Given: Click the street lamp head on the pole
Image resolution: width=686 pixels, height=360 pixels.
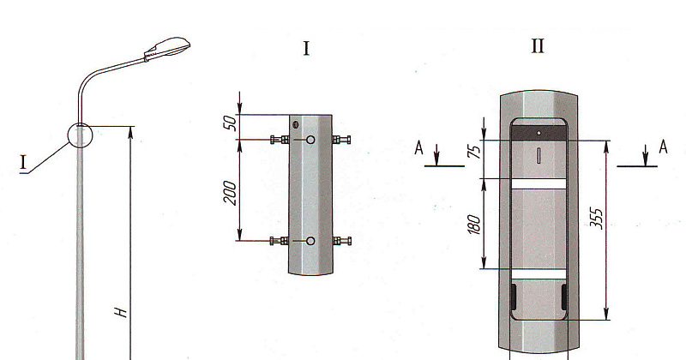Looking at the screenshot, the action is pyautogui.click(x=167, y=48).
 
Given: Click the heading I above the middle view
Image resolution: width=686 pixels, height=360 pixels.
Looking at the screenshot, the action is pyautogui.click(x=306, y=48).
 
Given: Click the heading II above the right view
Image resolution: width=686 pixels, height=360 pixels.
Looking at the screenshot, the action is pyautogui.click(x=538, y=46).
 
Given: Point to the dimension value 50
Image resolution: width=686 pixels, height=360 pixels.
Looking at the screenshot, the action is pyautogui.click(x=231, y=123).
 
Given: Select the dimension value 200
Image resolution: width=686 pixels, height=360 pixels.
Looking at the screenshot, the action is pyautogui.click(x=230, y=193).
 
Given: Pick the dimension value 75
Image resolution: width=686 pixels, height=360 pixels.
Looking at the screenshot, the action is pyautogui.click(x=475, y=151).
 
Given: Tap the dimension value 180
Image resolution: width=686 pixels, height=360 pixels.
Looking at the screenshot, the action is pyautogui.click(x=474, y=225).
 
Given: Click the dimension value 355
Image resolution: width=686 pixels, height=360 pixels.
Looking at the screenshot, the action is pyautogui.click(x=596, y=219).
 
